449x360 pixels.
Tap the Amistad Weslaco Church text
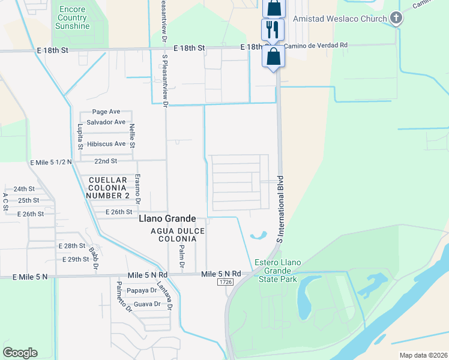coord(339,19)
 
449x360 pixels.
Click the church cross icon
coord(396,19)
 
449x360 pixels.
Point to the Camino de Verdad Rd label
coord(316,46)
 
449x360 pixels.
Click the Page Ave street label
coord(106,112)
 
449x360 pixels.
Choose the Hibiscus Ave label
coord(106,144)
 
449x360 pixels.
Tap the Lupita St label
coord(79,137)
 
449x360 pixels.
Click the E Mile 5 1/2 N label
coord(51,162)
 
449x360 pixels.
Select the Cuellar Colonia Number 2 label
coord(108,188)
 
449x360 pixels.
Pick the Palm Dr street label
coord(181,255)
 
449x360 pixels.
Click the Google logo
coord(20,353)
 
